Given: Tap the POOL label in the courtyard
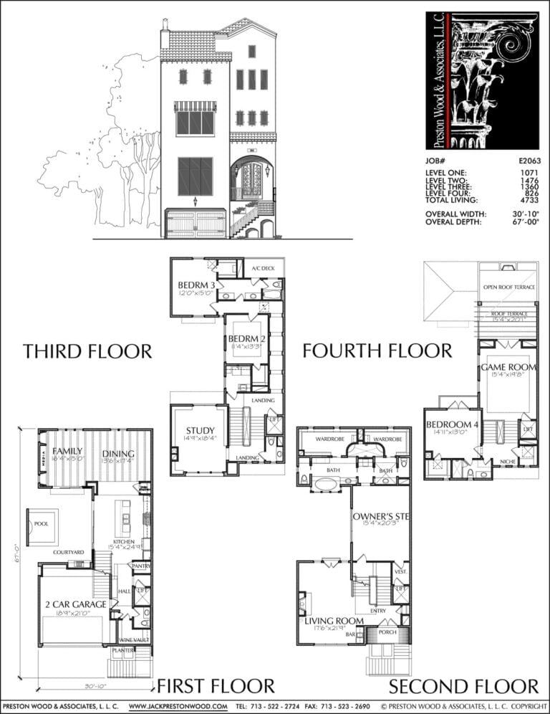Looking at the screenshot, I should (41, 524).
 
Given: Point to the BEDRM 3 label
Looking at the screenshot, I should (192, 286).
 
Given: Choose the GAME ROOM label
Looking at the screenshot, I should (508, 366).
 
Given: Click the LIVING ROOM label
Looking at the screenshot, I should (334, 620).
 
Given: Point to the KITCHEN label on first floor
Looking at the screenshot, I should (124, 541).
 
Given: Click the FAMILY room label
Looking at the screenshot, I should (67, 451).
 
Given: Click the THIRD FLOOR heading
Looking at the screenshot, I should (87, 351).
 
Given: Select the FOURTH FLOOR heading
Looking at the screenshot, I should (377, 351).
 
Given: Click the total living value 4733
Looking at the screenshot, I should (529, 201).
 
